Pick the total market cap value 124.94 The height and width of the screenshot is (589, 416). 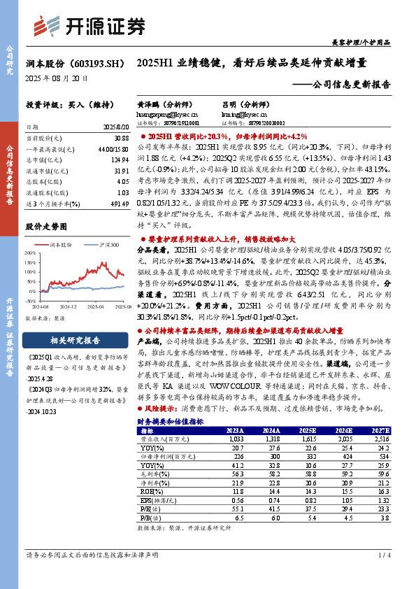point(119,160)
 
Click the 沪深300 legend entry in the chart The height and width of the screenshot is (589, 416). point(108,245)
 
